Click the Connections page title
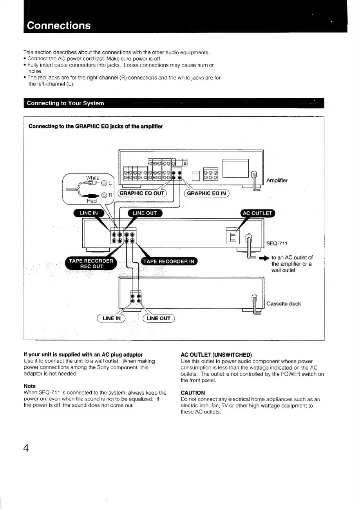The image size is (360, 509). [x=58, y=25]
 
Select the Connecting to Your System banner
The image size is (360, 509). [x=65, y=103]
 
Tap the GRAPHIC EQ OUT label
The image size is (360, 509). [x=143, y=193]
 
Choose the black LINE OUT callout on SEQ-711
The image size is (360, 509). [x=145, y=213]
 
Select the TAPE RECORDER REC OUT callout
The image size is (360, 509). [x=90, y=264]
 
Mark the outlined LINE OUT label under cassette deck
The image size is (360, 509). [x=158, y=318]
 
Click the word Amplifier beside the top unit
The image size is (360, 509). [x=277, y=180]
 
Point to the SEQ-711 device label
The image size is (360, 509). [x=277, y=244]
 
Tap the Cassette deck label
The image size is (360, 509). [x=284, y=303]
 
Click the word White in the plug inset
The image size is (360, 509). [x=92, y=177]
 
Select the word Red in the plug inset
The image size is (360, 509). [x=92, y=201]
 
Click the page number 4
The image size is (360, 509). [x=26, y=448]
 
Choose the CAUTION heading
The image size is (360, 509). [x=193, y=392]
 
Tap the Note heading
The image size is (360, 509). [x=29, y=386]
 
